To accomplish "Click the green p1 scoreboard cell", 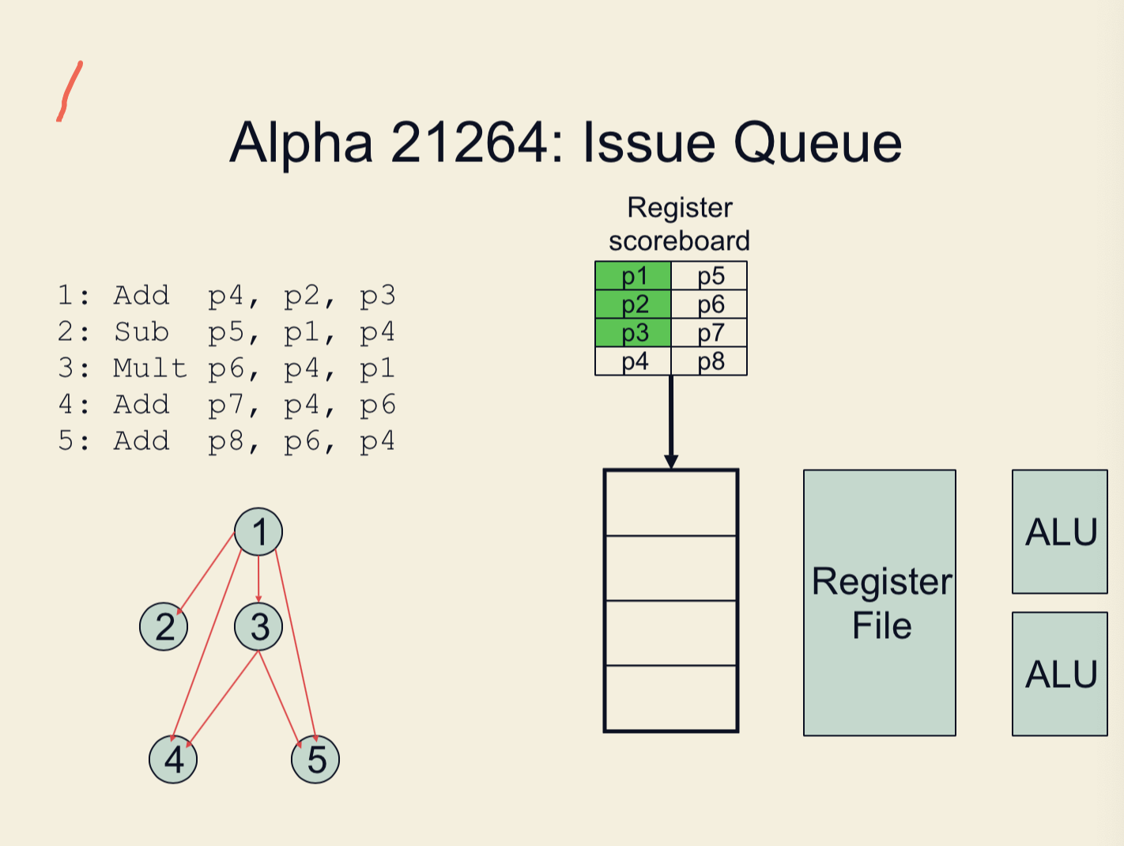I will tap(633, 276).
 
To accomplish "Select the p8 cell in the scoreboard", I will tap(710, 361).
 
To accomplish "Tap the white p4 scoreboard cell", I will tap(633, 361).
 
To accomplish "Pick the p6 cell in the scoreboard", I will tap(710, 304).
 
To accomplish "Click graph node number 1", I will tap(258, 531).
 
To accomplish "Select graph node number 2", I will tap(164, 626).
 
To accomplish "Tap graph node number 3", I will tap(258, 626).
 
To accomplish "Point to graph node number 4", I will tap(173, 759).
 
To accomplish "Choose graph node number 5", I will tap(315, 759).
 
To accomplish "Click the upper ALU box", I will tap(1059, 531).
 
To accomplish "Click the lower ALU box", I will tap(1059, 674).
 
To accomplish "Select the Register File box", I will tap(880, 602).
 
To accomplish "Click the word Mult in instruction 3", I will tap(150, 368).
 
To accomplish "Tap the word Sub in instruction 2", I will tap(141, 332).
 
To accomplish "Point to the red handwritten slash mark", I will tap(70, 91).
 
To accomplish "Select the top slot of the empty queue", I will tap(671, 504).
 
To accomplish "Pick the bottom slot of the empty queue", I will tap(671, 697).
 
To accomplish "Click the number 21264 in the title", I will tap(470, 143).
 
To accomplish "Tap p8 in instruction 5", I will tap(227, 441).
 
